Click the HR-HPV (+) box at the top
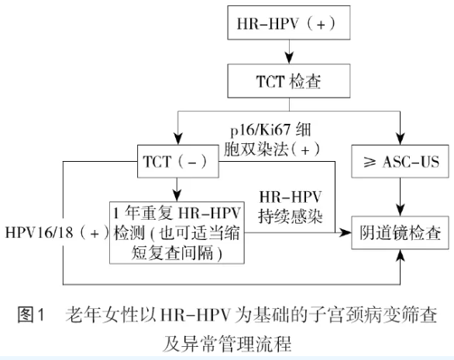click(x=289, y=22)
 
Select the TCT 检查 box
click(x=289, y=81)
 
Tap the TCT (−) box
click(x=177, y=161)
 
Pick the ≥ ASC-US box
click(x=400, y=161)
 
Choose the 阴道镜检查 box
click(x=400, y=232)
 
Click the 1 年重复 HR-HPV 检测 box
click(x=177, y=232)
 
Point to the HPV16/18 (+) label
click(x=57, y=232)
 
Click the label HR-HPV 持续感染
click(x=290, y=207)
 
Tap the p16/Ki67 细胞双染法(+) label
click(x=271, y=140)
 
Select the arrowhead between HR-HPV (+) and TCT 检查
click(x=289, y=58)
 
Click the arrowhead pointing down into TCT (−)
click(x=177, y=139)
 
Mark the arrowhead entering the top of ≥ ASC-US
click(x=400, y=139)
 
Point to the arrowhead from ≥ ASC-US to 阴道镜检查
click(x=400, y=210)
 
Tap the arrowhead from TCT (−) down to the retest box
click(x=177, y=196)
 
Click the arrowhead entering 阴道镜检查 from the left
click(x=346, y=232)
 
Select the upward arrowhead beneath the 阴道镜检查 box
click(x=400, y=255)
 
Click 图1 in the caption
click(x=31, y=314)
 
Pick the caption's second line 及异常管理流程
click(x=227, y=344)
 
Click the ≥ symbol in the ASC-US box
click(x=370, y=163)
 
